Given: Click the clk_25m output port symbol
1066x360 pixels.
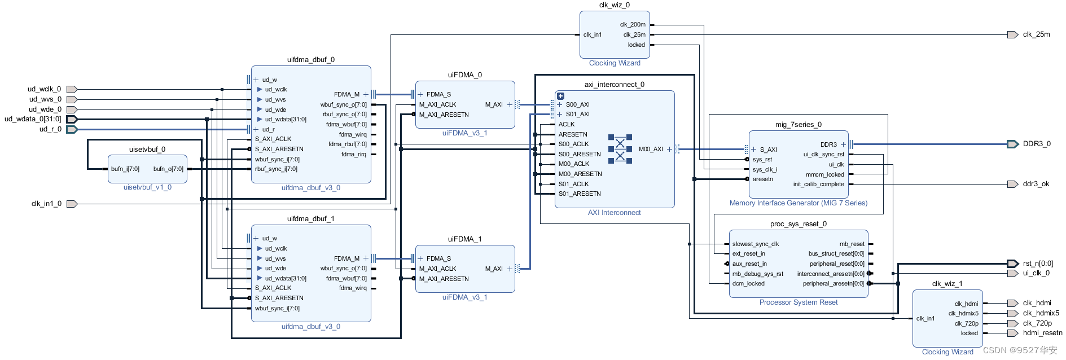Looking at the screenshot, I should click(x=1012, y=34).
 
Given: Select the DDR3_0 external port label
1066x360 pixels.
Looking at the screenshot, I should click(x=1037, y=144).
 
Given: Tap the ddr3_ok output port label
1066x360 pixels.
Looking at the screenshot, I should click(x=1036, y=184).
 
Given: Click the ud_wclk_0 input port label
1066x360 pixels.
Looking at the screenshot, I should click(x=44, y=89).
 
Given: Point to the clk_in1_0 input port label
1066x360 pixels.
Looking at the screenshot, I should click(x=46, y=204).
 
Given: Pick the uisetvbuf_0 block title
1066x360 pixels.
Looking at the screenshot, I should click(x=147, y=150).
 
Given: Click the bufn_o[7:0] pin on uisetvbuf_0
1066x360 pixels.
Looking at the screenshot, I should click(x=168, y=169).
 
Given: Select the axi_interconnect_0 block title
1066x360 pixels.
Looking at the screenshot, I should click(x=614, y=85).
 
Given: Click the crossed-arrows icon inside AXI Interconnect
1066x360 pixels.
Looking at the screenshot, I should click(x=620, y=149).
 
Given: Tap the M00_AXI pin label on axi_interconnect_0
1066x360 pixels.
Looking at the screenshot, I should click(x=651, y=149).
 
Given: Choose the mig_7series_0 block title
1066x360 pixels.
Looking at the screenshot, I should click(x=798, y=125).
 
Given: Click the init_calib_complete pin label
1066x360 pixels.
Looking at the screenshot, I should click(x=818, y=184).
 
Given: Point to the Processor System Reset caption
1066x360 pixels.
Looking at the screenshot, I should click(x=798, y=302).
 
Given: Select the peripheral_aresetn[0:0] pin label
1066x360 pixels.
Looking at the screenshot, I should click(x=833, y=283).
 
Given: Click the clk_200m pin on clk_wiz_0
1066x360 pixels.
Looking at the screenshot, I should click(x=633, y=25).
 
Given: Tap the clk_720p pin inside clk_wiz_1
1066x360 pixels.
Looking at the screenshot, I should click(x=966, y=323).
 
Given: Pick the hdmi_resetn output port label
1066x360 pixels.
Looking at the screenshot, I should click(x=1042, y=333).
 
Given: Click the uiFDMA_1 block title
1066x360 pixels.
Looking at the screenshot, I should click(x=464, y=239).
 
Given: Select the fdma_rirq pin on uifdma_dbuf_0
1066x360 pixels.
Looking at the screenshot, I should click(x=353, y=154).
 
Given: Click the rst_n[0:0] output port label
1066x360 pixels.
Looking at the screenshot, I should click(x=1038, y=264).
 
